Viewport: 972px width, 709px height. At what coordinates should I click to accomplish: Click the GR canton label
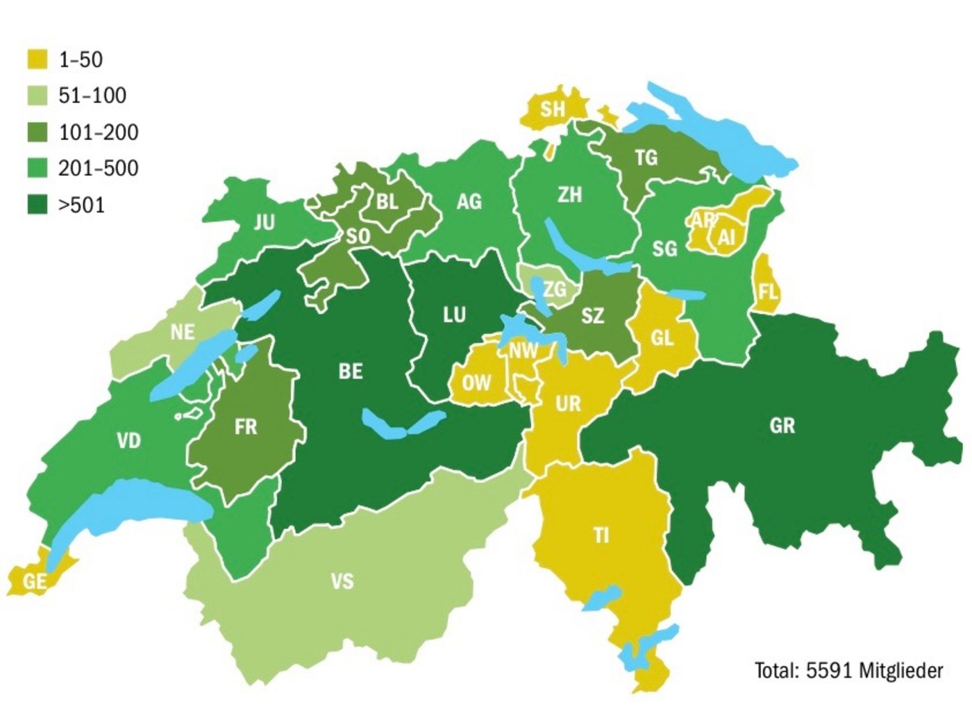[782, 425]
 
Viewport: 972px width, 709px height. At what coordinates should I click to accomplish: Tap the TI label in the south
[601, 535]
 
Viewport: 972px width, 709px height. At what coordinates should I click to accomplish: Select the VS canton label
[342, 581]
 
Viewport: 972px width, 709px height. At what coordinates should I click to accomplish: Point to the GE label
[34, 581]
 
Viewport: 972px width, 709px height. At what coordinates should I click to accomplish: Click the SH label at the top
[553, 109]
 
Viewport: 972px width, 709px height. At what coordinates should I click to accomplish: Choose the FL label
[767, 292]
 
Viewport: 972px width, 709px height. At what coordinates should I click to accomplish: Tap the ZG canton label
[555, 289]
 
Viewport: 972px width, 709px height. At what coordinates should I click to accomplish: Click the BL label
[387, 201]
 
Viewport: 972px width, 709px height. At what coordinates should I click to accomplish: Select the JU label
[264, 222]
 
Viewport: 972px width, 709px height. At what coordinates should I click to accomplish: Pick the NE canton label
[183, 332]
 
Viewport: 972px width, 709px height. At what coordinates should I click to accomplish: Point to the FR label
[246, 426]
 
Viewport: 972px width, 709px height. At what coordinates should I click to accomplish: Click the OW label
[476, 382]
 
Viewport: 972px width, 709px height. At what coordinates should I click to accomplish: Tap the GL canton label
[662, 337]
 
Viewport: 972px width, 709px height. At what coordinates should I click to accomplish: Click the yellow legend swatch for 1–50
[37, 59]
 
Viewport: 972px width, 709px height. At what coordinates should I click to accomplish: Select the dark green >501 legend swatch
[37, 205]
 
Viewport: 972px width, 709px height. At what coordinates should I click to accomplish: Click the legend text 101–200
[98, 132]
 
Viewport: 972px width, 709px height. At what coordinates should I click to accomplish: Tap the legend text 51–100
[92, 95]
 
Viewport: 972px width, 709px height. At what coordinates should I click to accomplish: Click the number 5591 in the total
[830, 670]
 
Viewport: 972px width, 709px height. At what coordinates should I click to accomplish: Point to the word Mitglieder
[901, 670]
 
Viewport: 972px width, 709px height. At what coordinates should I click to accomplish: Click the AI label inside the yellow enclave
[726, 237]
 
